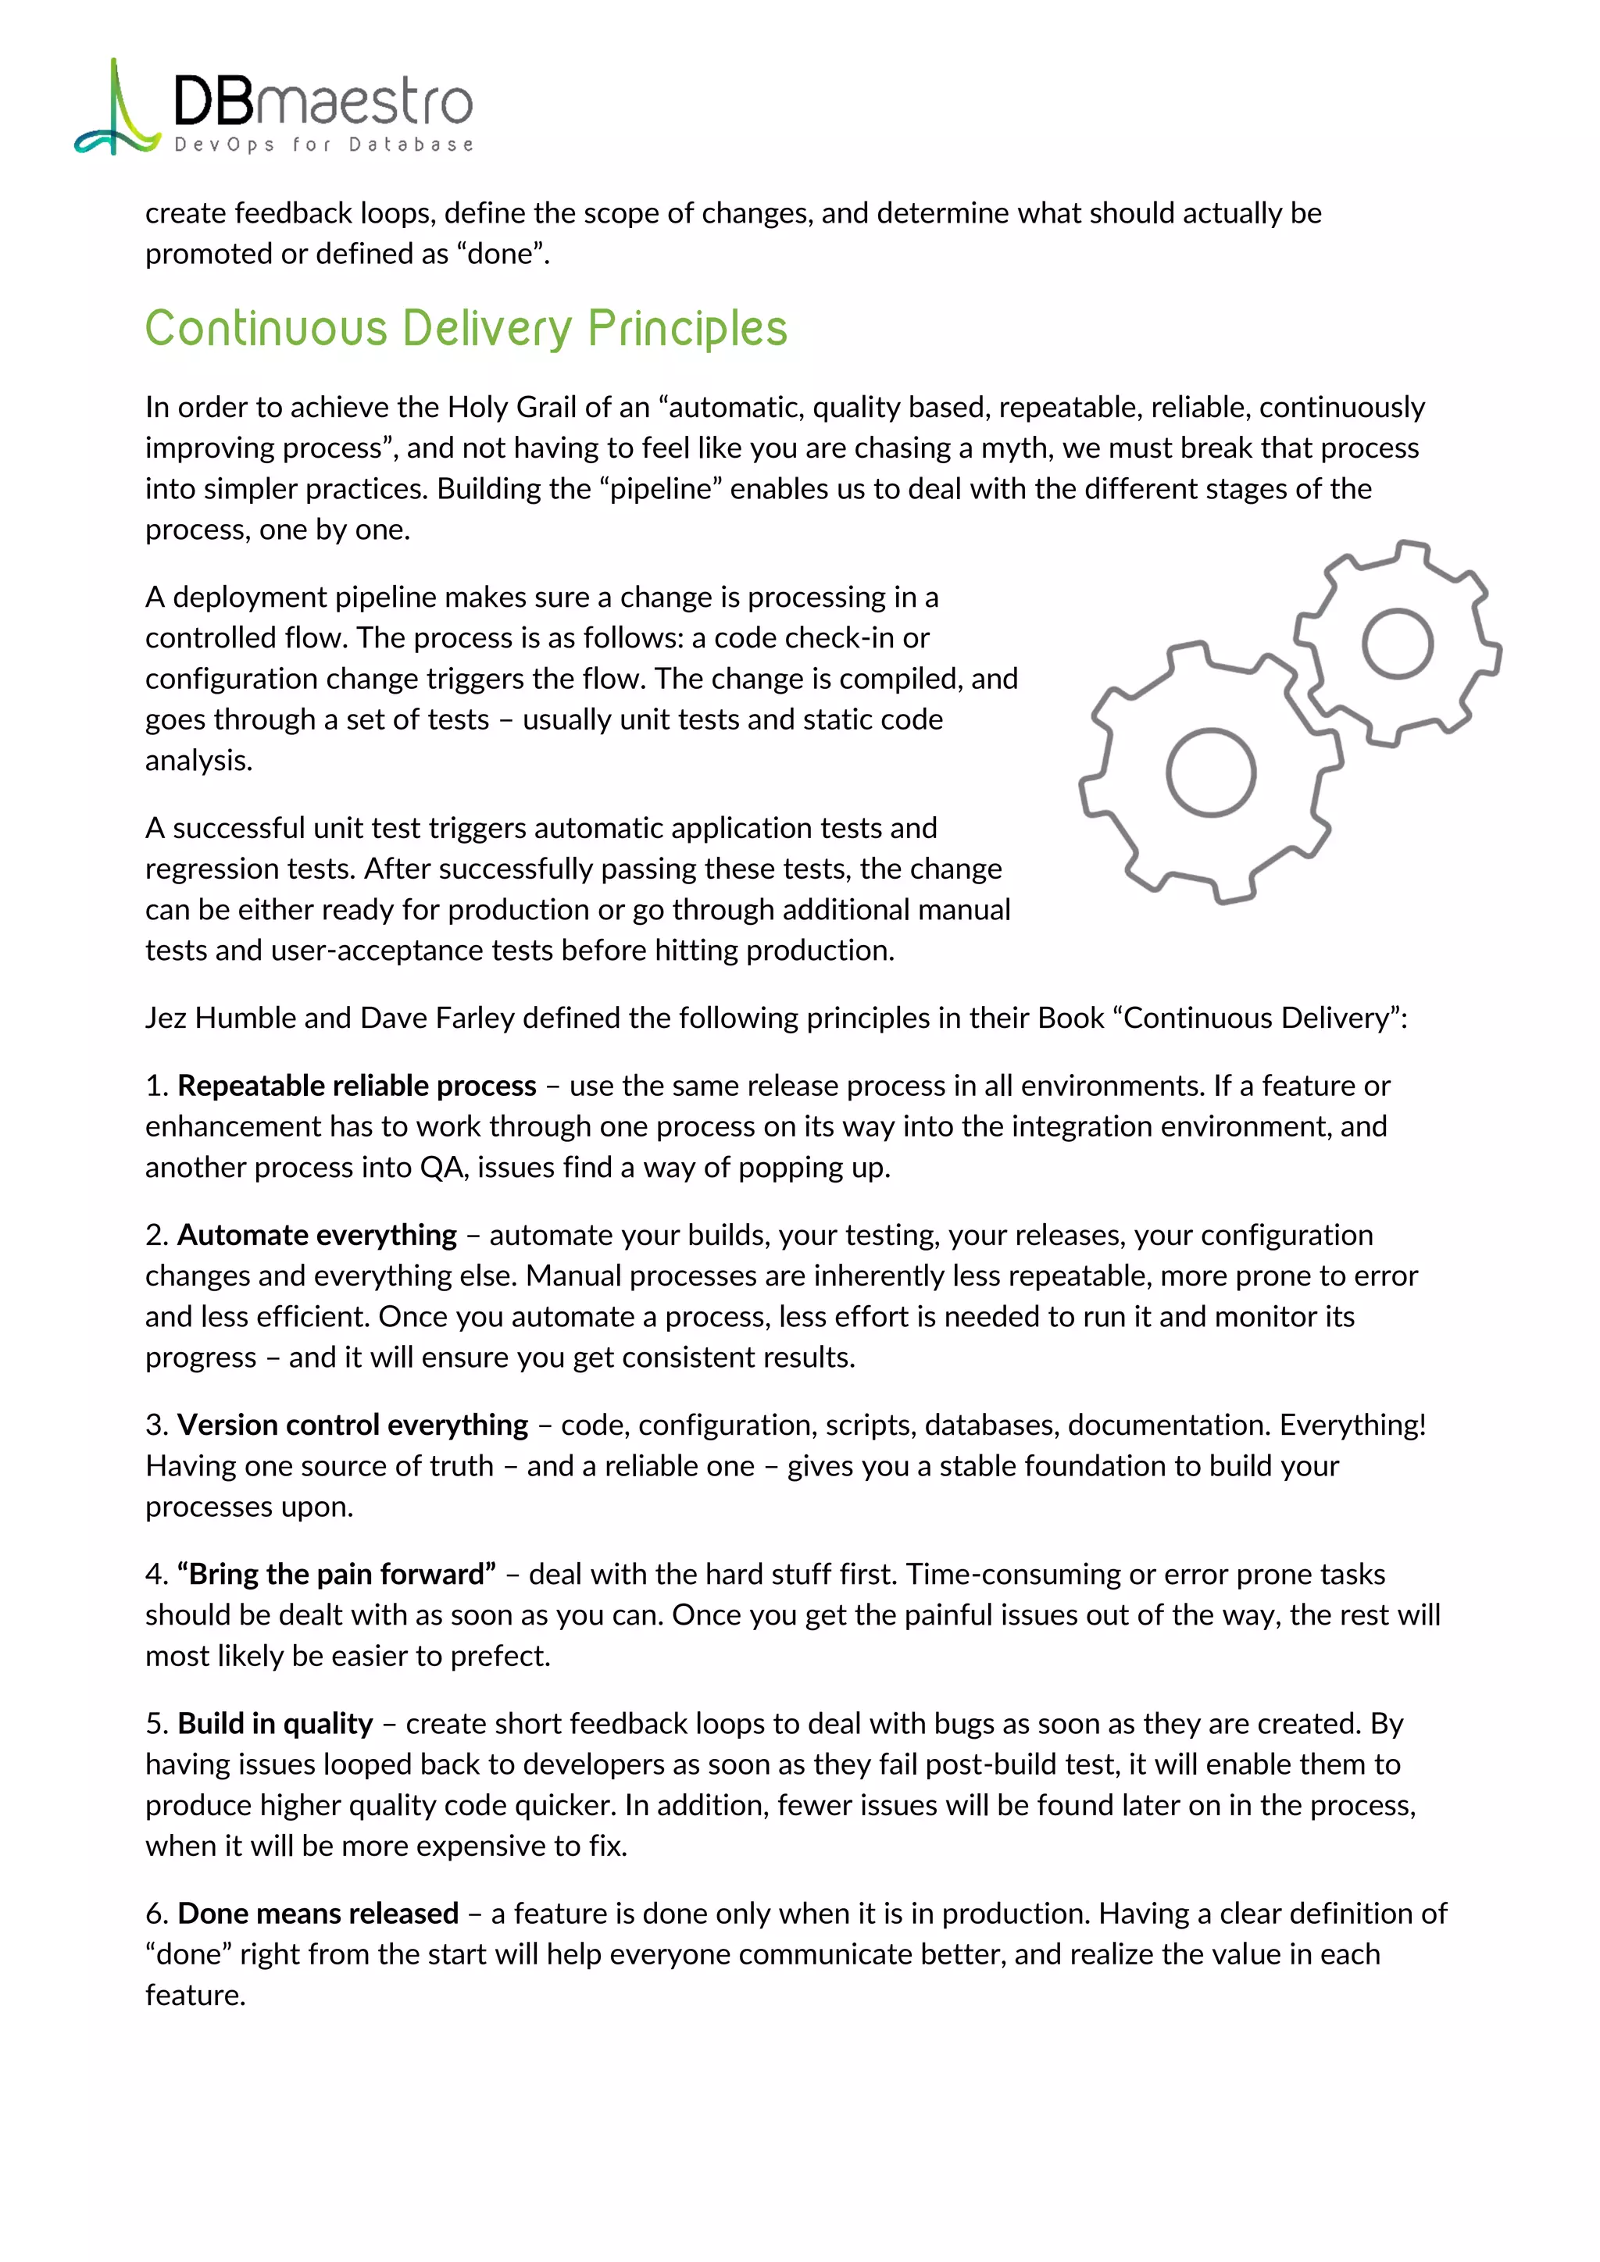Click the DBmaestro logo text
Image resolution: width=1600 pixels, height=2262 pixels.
point(323,102)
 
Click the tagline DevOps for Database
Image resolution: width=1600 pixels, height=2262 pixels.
point(323,144)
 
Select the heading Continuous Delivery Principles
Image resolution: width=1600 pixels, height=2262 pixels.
point(466,328)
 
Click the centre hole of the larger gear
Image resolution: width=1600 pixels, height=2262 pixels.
point(1211,772)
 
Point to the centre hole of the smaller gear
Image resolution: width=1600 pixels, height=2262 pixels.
point(1397,644)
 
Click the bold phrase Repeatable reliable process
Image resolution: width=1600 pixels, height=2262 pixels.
point(357,1086)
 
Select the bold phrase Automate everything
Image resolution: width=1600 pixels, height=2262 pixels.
point(317,1236)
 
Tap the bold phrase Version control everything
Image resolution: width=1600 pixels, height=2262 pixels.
point(352,1425)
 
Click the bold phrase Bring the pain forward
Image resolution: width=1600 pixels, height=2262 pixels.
point(337,1575)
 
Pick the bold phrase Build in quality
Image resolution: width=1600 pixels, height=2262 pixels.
point(275,1724)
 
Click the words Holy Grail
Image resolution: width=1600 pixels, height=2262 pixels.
point(512,407)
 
